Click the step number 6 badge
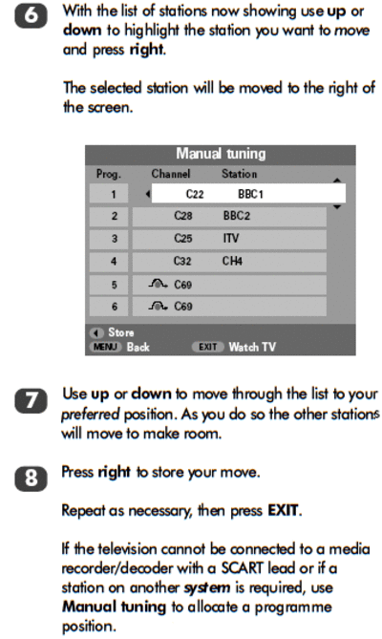point(31,17)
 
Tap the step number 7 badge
point(31,400)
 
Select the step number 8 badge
point(31,479)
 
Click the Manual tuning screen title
point(221,154)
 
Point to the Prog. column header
point(109,175)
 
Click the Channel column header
point(171,174)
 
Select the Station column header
point(240,174)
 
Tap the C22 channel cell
point(195,194)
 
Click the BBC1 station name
point(251,194)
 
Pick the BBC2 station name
point(237,216)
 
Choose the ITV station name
point(231,238)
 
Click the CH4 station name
point(232,261)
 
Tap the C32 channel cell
point(182,261)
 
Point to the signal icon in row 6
point(158,306)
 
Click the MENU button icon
point(105,347)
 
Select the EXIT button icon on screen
point(207,347)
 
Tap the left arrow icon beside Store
point(96,333)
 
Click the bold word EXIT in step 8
point(283,511)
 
